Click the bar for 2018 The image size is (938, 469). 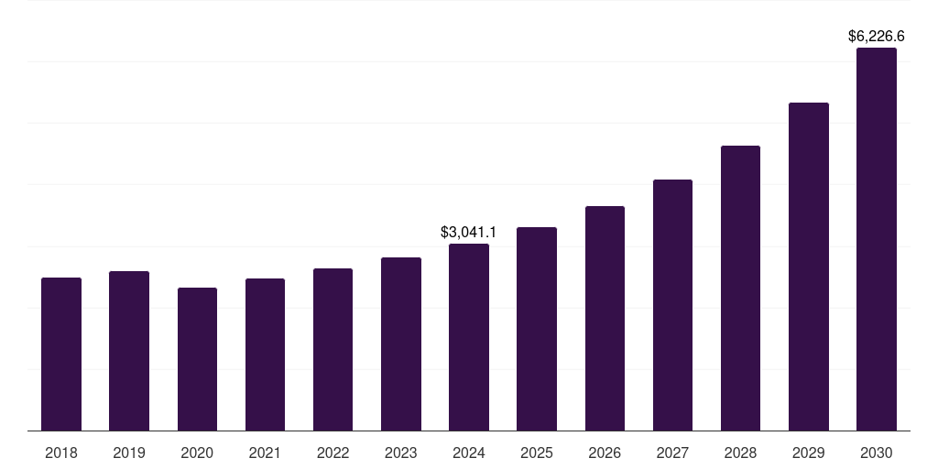pyautogui.click(x=61, y=354)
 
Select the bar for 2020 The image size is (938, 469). pyautogui.click(x=197, y=359)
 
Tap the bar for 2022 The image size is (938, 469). pyautogui.click(x=333, y=349)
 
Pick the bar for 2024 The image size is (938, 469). pyautogui.click(x=469, y=337)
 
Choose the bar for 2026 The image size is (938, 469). pyautogui.click(x=605, y=318)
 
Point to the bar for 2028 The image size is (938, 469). pyautogui.click(x=740, y=288)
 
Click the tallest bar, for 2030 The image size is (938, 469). pyautogui.click(x=877, y=239)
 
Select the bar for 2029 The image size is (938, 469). pyautogui.click(x=809, y=267)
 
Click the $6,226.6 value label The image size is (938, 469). pyautogui.click(x=877, y=37)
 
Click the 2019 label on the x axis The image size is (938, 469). pyautogui.click(x=129, y=453)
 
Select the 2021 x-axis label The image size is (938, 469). pyautogui.click(x=265, y=453)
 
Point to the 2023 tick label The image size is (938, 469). pyautogui.click(x=401, y=453)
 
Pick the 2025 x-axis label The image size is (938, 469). pyautogui.click(x=537, y=453)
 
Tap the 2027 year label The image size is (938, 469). pyautogui.click(x=672, y=453)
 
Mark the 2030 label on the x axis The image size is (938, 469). pyautogui.click(x=877, y=453)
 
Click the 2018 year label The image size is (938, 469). pyautogui.click(x=61, y=453)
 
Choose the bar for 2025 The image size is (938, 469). pyautogui.click(x=537, y=329)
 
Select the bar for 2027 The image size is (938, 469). pyautogui.click(x=672, y=305)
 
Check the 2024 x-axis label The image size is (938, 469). pyautogui.click(x=469, y=453)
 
